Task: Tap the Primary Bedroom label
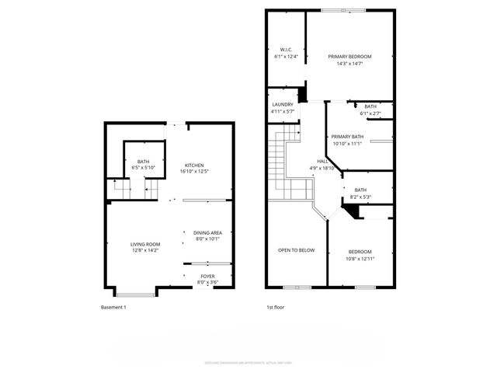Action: tap(349, 57)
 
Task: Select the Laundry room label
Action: tap(281, 106)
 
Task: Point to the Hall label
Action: tap(321, 161)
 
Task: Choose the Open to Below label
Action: tap(297, 249)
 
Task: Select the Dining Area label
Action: tap(207, 232)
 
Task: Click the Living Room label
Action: tap(145, 244)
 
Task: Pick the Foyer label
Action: tap(207, 276)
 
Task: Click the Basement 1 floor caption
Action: tap(113, 308)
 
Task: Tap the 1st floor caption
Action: tap(275, 308)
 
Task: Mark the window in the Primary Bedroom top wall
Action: tap(343, 10)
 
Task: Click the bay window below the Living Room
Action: tap(135, 293)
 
